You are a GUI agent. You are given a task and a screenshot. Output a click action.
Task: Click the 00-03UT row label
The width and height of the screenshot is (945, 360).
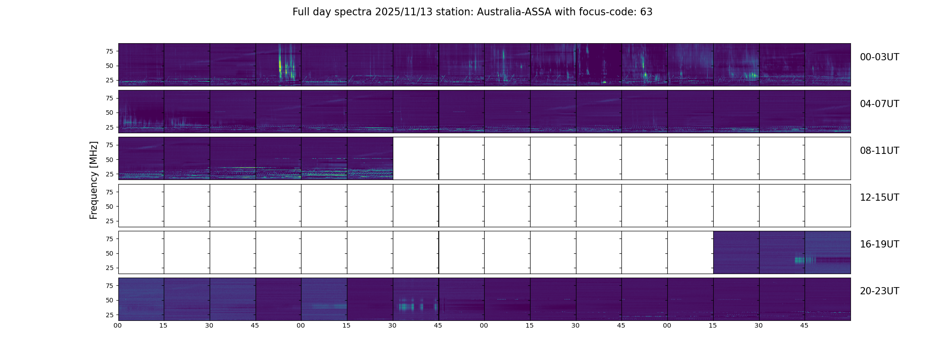(x=879, y=57)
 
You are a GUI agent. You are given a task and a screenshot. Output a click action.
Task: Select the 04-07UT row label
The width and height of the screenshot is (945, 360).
(x=879, y=104)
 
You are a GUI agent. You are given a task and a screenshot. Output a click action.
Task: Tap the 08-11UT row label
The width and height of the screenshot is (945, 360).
(x=879, y=151)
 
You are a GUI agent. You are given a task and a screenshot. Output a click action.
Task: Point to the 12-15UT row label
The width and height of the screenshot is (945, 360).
(x=879, y=198)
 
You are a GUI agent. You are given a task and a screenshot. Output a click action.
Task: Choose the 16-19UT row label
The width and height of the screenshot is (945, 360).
(x=879, y=244)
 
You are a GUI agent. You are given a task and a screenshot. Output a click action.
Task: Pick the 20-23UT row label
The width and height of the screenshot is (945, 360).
(x=879, y=291)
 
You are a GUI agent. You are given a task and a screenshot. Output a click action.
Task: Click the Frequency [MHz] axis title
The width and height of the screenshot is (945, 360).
(x=94, y=180)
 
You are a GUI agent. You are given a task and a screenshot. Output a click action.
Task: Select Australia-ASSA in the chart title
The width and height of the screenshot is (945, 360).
(x=514, y=12)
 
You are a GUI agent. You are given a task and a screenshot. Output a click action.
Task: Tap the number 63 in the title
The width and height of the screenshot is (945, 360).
(x=646, y=12)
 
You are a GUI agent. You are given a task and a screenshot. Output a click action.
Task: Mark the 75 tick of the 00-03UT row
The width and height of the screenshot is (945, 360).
(x=109, y=51)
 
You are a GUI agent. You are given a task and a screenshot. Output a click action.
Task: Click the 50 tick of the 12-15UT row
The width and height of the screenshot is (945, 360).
(x=109, y=207)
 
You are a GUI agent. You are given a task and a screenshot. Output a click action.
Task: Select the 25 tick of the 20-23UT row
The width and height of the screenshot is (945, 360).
(x=109, y=315)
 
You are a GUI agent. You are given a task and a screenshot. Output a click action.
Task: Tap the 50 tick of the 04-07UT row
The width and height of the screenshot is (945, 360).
(x=109, y=112)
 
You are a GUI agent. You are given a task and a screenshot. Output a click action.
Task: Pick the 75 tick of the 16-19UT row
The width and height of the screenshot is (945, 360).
(x=109, y=239)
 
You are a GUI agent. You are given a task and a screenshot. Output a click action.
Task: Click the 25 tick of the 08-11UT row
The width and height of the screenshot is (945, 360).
(x=109, y=174)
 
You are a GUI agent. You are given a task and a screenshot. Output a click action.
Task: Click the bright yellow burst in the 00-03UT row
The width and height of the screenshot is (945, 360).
(x=280, y=65)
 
